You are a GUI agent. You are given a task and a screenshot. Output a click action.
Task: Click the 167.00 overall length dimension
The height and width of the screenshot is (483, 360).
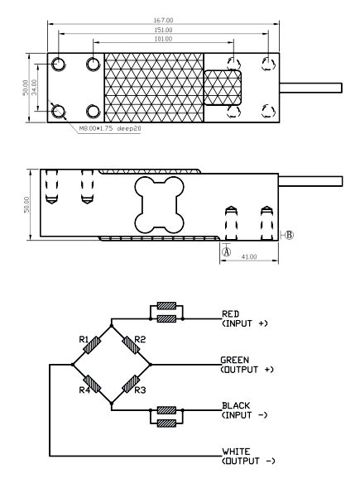[x=163, y=21]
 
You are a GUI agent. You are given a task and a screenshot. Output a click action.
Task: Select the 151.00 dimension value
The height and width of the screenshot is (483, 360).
[x=163, y=30]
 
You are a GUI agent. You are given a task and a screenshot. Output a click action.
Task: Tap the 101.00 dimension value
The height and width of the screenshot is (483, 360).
[x=163, y=39]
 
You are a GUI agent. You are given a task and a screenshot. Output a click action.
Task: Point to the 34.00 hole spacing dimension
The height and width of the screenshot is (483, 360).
[x=34, y=88]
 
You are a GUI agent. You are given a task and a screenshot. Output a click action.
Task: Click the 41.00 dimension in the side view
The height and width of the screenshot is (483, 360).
[x=249, y=256]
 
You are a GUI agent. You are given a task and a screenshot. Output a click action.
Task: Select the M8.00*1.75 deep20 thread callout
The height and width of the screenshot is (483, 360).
[x=110, y=128]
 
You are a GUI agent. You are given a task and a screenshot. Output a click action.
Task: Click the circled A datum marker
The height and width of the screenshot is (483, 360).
[x=227, y=252]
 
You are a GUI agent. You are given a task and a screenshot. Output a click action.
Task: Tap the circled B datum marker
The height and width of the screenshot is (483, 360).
[x=289, y=235]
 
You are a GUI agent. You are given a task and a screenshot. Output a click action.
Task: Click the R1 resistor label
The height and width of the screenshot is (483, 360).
[x=84, y=339]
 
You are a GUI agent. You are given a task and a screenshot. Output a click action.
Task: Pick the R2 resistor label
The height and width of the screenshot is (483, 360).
[x=140, y=339]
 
